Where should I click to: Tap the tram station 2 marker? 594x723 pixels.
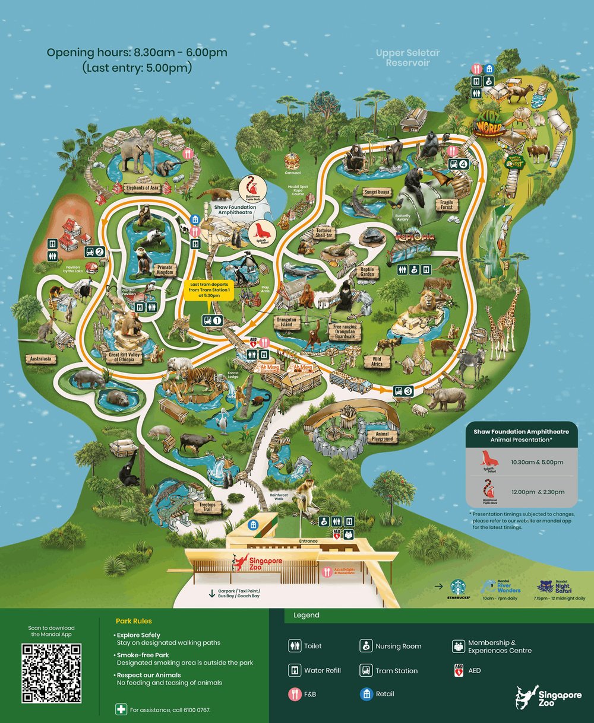pyautogui.click(x=96, y=251)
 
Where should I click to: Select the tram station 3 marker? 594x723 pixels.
pyautogui.click(x=403, y=391)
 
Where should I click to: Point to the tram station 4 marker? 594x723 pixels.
pyautogui.click(x=459, y=164)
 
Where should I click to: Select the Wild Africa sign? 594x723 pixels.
pyautogui.click(x=377, y=361)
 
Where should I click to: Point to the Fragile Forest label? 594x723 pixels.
pyautogui.click(x=446, y=205)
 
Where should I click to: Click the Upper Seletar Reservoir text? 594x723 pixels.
pyautogui.click(x=407, y=58)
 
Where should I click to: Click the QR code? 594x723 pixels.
pyautogui.click(x=51, y=674)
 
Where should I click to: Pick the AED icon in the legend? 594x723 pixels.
pyautogui.click(x=459, y=670)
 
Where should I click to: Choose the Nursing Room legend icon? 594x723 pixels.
pyautogui.click(x=365, y=646)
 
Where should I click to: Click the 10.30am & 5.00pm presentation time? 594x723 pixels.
pyautogui.click(x=537, y=462)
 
